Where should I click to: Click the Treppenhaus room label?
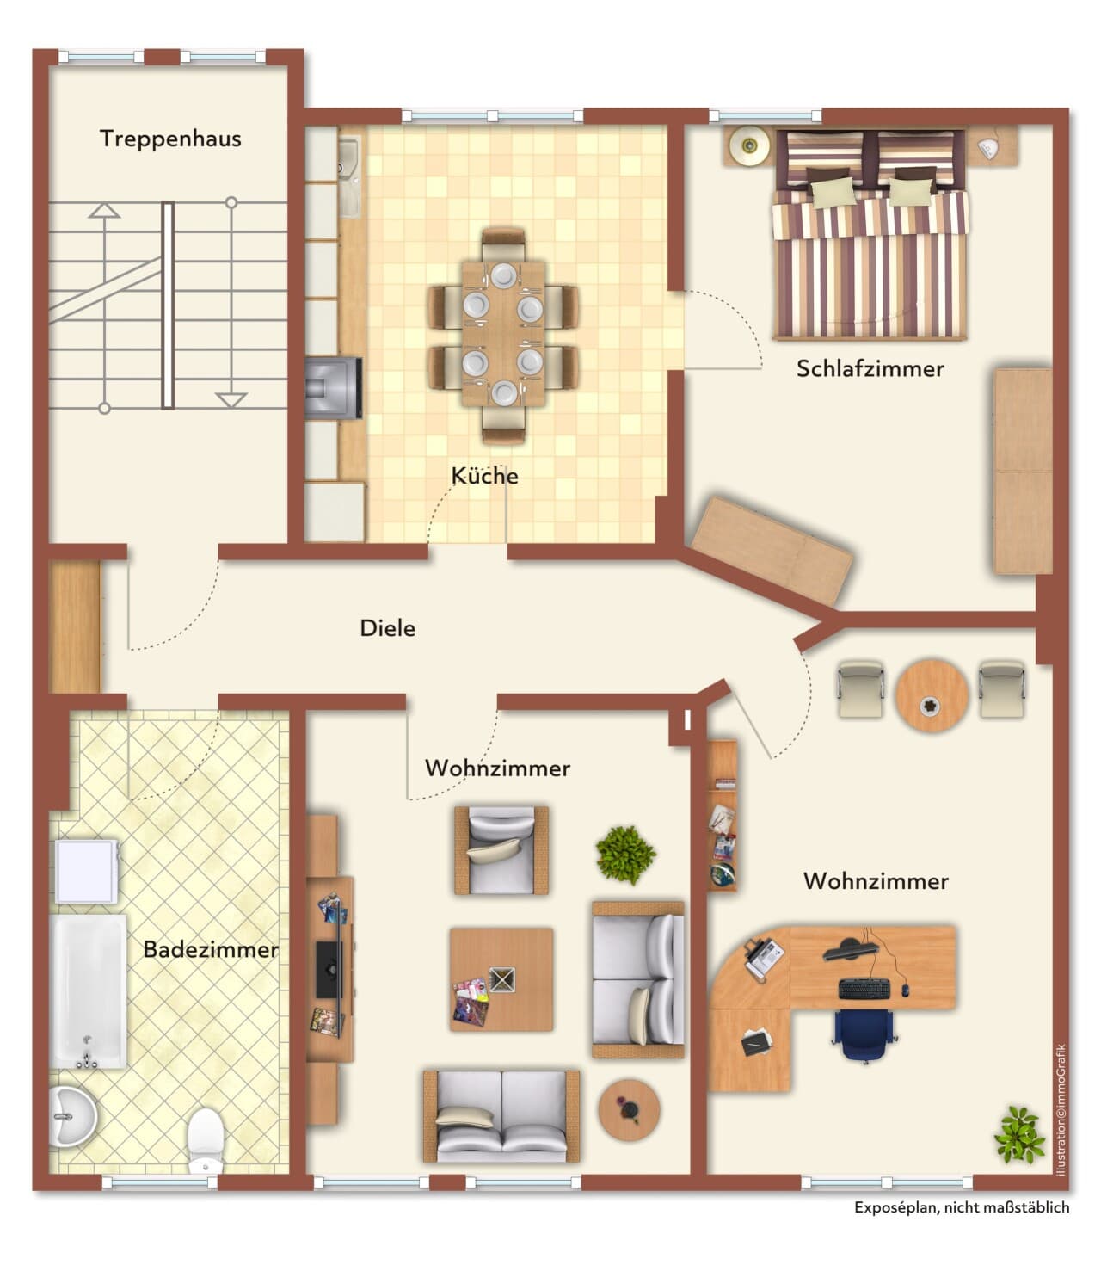170,139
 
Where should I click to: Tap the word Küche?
484,476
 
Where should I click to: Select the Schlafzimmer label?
870,368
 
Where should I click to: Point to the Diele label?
387,628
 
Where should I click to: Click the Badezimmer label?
211,950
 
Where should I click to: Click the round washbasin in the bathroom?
72,1117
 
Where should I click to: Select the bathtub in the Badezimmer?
89,991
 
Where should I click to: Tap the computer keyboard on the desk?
864,989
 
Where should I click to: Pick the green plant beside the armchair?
625,855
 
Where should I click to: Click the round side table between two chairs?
932,695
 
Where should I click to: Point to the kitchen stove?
333,388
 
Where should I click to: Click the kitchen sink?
349,178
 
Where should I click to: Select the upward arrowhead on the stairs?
104,210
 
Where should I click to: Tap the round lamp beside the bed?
749,145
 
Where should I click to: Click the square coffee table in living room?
501,979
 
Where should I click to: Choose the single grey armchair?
501,850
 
